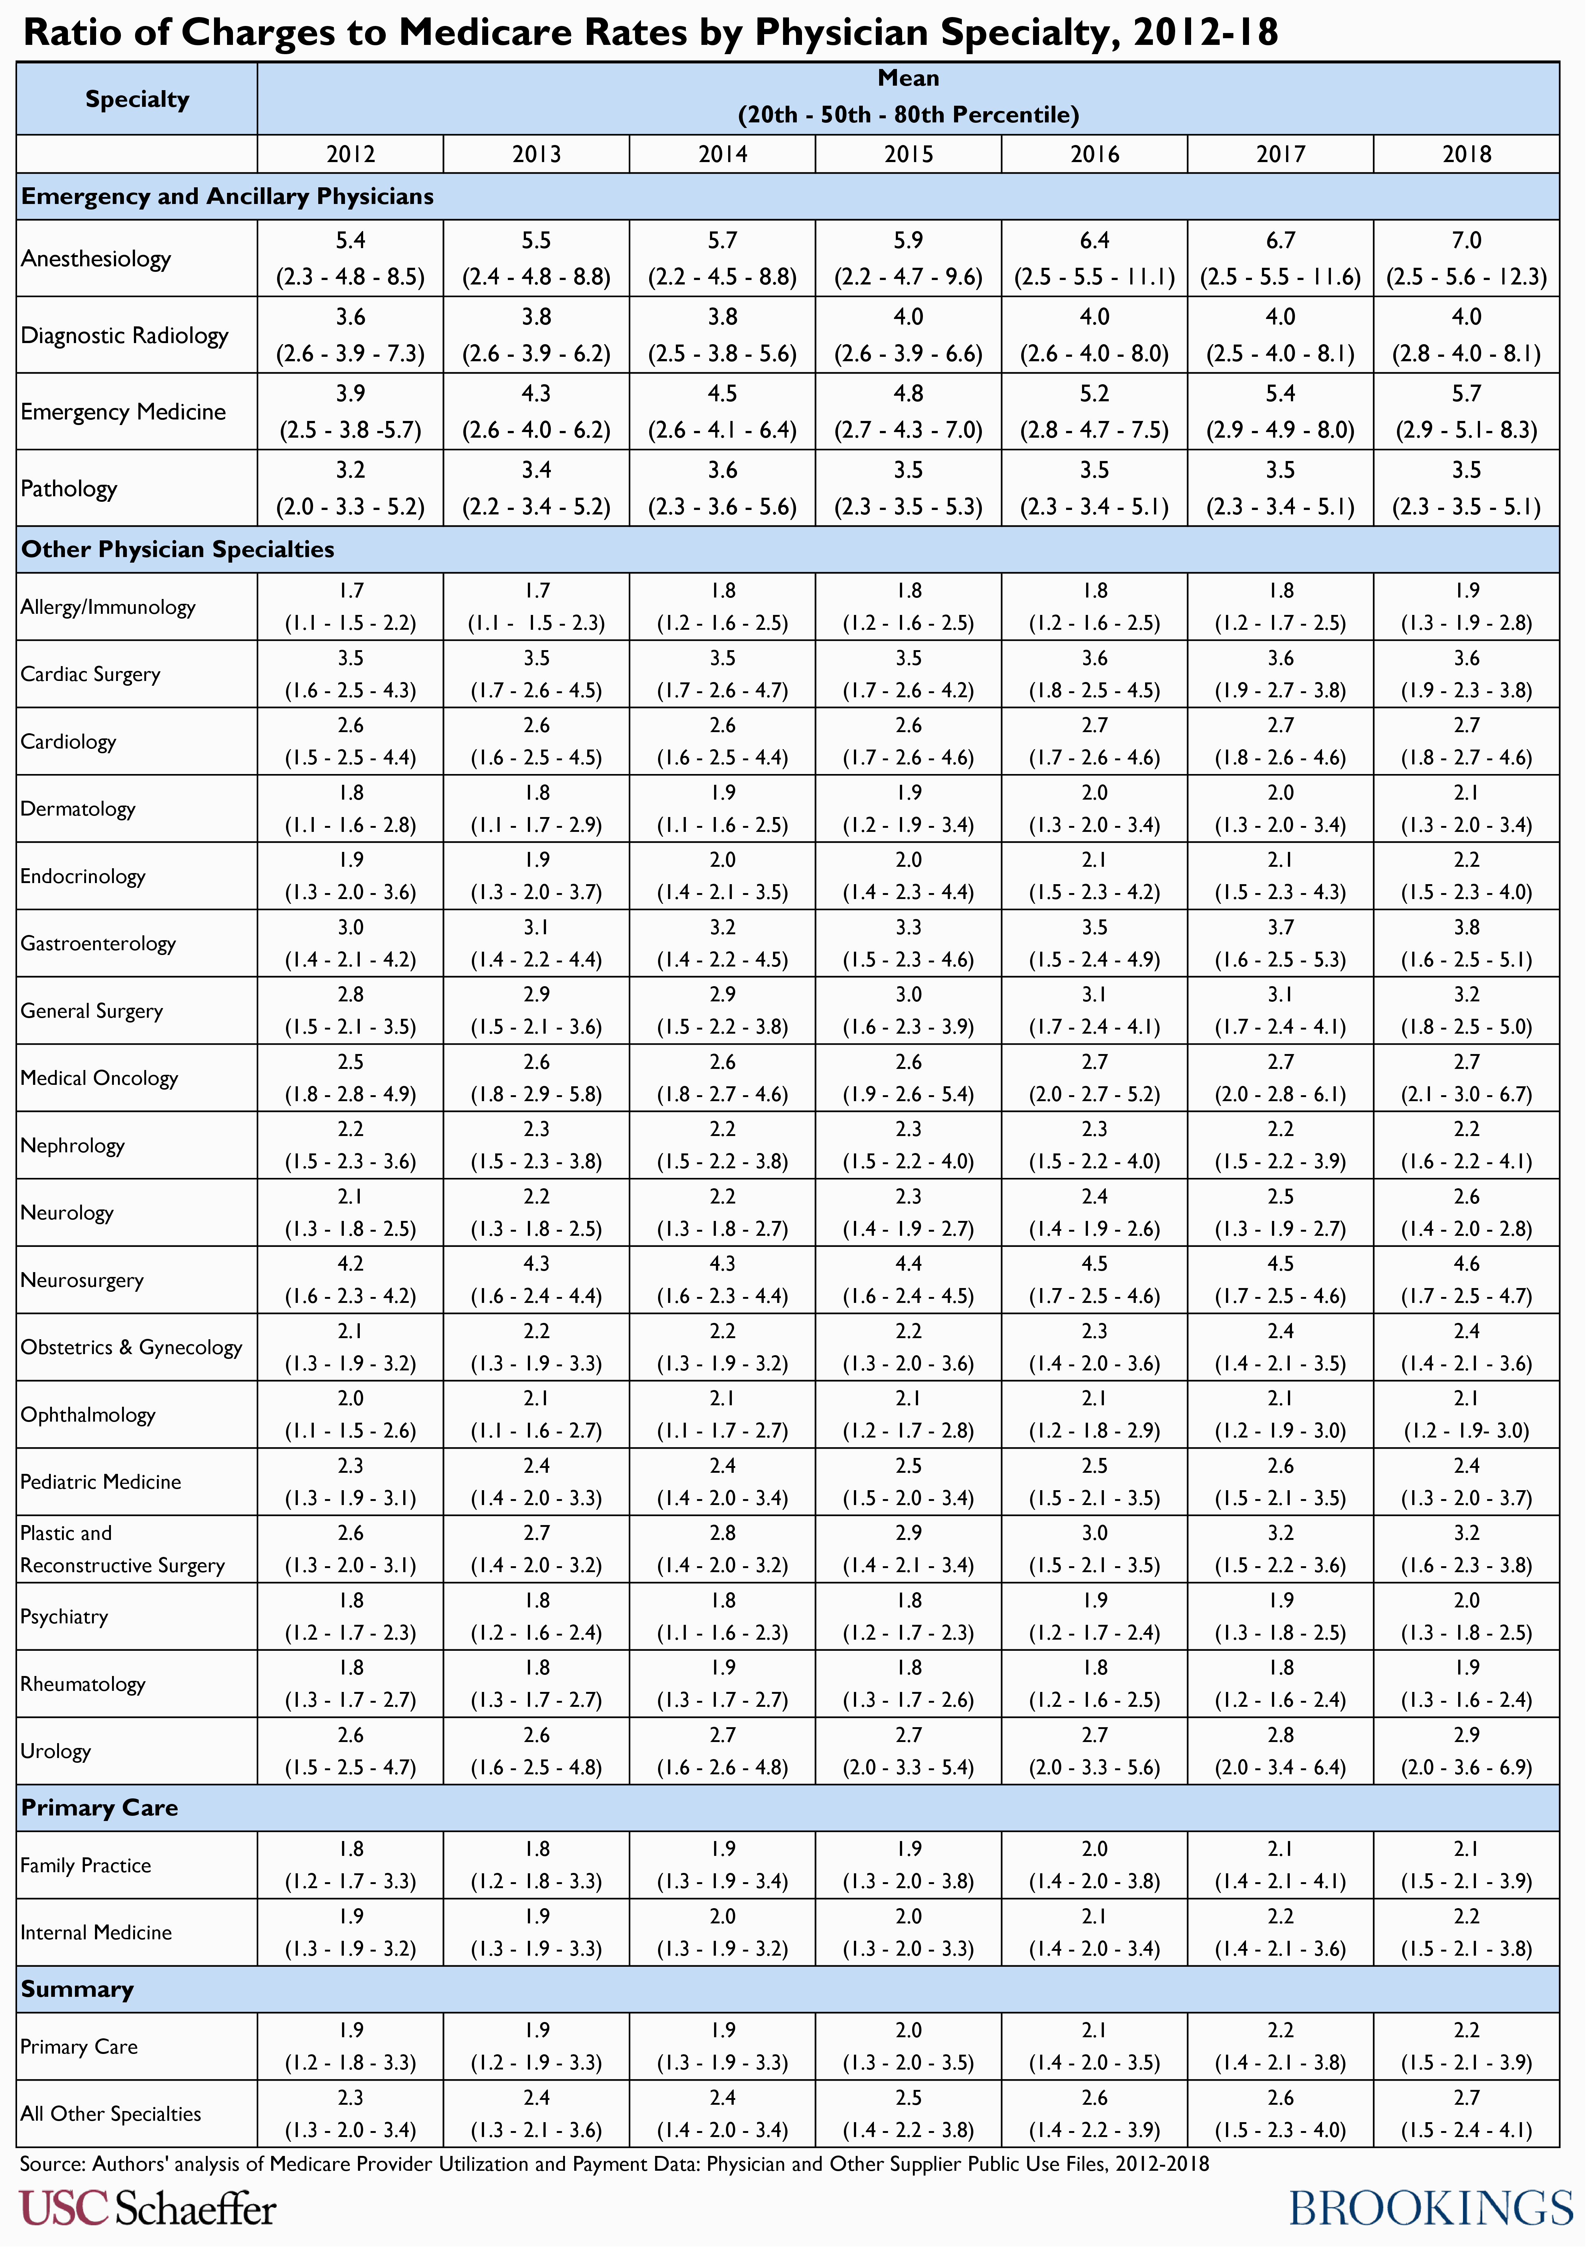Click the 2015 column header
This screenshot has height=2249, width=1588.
pos(908,154)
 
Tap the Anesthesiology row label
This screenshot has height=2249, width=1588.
pos(96,259)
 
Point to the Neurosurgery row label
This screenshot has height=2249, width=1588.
pos(82,1280)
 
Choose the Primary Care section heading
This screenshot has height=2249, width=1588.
pos(100,1807)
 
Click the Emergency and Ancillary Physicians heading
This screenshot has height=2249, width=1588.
pos(227,197)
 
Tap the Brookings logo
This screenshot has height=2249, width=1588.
pos(1430,2208)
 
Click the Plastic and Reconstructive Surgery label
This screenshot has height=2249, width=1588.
pos(122,1549)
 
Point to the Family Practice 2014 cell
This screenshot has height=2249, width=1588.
pos(722,1865)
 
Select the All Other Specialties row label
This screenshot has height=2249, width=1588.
pos(111,2114)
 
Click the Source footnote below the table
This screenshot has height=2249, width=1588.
pos(614,2163)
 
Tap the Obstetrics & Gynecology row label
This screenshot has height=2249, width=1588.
pos(131,1347)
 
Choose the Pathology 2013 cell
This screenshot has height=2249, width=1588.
pos(536,488)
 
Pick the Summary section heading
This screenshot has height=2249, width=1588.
pos(78,1989)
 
